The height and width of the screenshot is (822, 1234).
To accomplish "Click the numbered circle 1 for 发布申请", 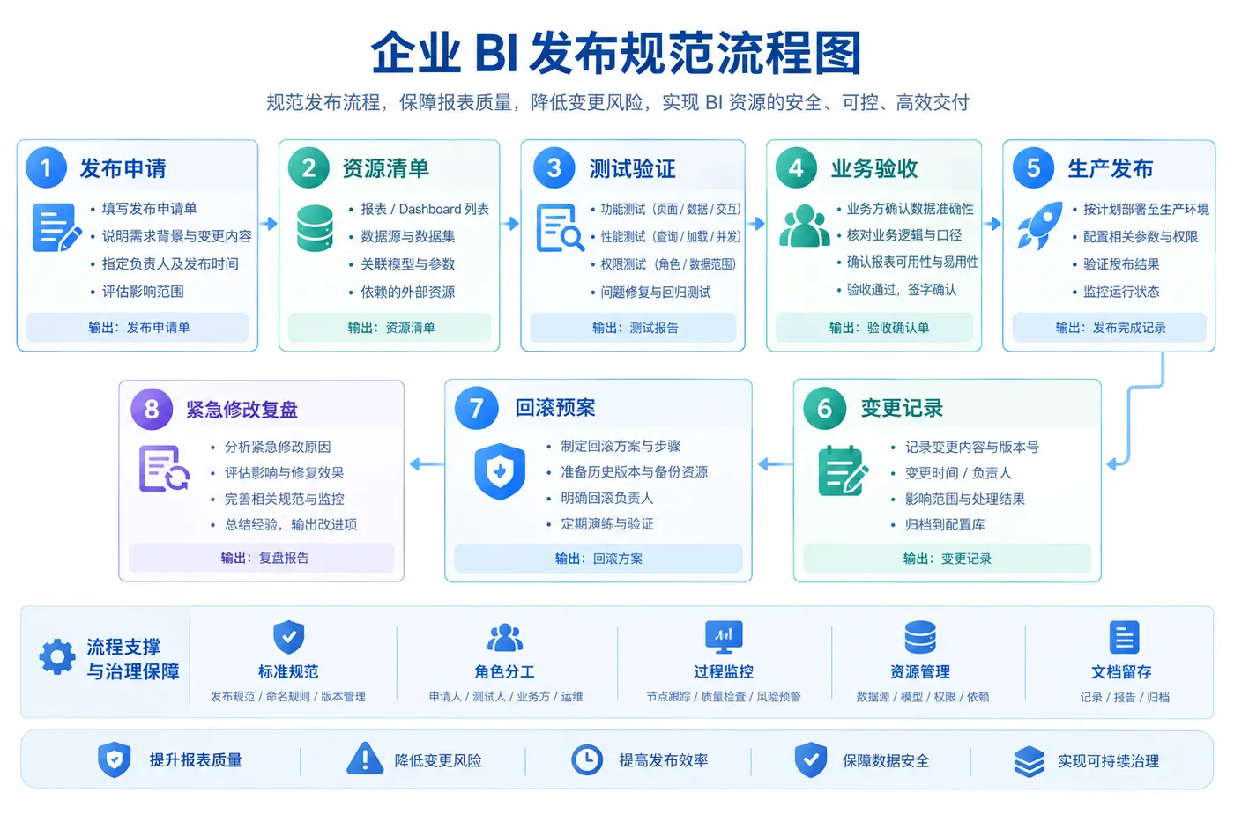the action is (46, 167).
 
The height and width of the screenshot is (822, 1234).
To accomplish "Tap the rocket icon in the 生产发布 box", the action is (1041, 226).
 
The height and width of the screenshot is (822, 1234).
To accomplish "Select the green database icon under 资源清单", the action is (315, 228).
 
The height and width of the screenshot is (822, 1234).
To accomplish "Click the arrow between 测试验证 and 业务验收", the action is (756, 224).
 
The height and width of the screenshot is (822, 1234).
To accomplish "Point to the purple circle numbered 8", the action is (152, 409).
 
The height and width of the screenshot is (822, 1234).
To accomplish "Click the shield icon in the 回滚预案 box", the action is (500, 471).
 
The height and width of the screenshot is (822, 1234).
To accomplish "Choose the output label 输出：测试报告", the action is (636, 328).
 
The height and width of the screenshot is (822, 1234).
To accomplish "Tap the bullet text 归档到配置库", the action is (945, 525).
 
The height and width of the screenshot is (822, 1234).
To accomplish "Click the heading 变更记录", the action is (902, 409).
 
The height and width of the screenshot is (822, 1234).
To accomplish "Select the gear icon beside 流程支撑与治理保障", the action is (57, 657).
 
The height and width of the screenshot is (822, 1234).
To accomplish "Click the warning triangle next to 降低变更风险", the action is (365, 759).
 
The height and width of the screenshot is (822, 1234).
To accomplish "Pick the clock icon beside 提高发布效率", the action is (587, 759).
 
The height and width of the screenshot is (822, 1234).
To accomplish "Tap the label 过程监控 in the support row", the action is (724, 671).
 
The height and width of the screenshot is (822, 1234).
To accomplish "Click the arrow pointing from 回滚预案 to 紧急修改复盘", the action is (427, 464).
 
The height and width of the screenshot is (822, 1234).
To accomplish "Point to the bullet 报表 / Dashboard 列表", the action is (425, 209).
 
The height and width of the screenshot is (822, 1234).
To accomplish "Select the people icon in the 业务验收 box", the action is (804, 226).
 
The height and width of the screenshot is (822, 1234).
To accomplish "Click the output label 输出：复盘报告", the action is (265, 558).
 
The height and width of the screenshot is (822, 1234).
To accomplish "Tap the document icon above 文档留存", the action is (1124, 637).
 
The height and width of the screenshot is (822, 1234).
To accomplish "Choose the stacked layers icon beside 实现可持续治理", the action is (1030, 761).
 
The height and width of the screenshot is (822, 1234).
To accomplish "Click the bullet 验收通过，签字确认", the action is (901, 290).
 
